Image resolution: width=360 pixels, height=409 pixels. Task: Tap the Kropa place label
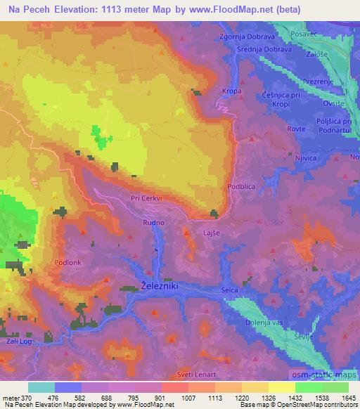(231, 91)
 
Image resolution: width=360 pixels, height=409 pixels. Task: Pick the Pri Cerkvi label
(146, 198)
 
